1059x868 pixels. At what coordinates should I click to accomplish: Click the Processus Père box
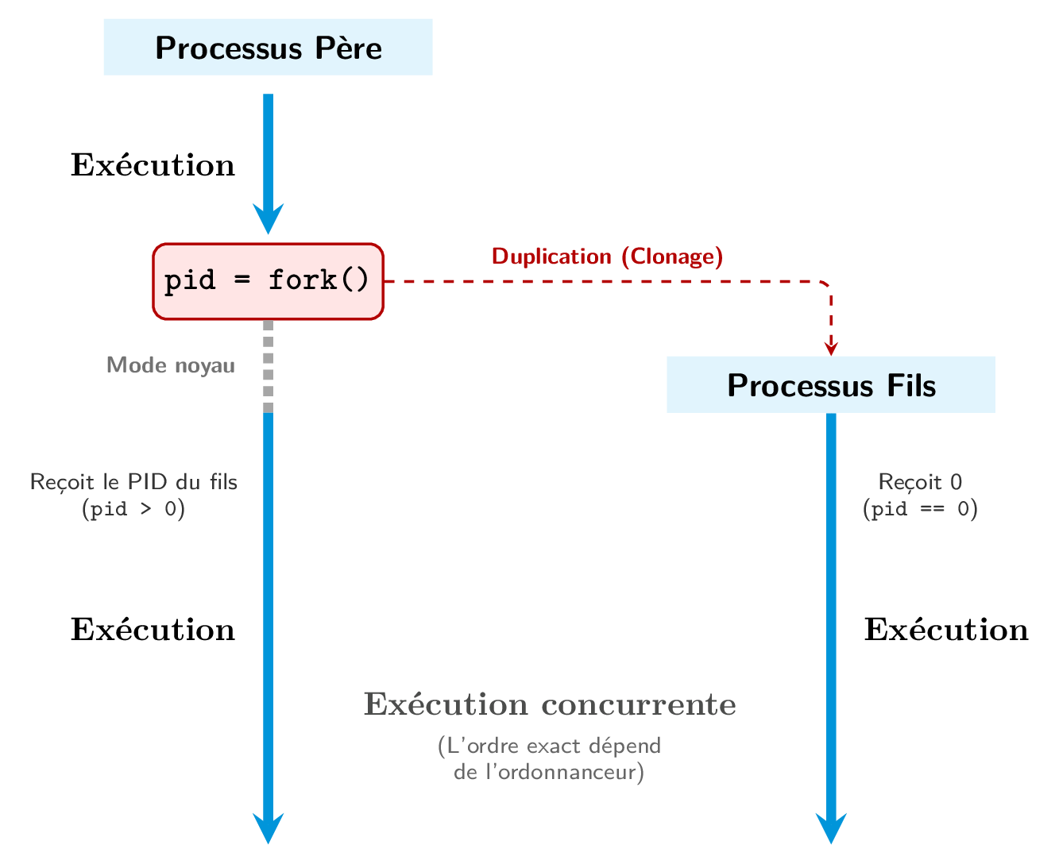268,48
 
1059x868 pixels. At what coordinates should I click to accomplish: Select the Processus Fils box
830,385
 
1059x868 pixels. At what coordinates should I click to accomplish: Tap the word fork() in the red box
319,280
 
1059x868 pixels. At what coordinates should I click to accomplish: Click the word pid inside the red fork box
189,280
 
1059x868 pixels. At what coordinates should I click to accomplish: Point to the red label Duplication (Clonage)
607,257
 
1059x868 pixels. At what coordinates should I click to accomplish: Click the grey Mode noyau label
171,365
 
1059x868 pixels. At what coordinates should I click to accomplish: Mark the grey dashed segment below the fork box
268,365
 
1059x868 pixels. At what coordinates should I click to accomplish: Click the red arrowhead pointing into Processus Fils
831,348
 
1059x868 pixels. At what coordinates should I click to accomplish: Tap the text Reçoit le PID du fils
133,482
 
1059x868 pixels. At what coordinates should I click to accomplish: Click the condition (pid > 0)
133,509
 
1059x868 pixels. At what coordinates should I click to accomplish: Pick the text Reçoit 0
920,482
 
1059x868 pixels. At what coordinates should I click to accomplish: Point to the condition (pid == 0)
920,509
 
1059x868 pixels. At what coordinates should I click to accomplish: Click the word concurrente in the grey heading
639,705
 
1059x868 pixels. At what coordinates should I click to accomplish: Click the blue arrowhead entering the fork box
268,219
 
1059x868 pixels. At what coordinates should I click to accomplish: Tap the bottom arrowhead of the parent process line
268,829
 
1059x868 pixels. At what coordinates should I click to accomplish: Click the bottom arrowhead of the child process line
831,829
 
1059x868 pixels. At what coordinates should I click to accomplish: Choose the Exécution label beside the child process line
945,630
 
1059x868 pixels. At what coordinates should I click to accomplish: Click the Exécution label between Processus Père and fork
153,165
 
